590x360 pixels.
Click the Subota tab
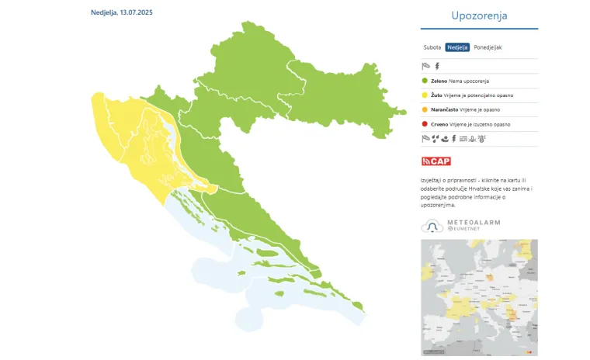point(432,47)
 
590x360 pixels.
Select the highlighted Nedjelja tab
point(457,47)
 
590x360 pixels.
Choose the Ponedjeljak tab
point(488,47)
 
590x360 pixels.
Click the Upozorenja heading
point(479,16)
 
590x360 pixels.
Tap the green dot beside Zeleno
point(425,80)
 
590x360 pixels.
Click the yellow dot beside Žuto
point(425,95)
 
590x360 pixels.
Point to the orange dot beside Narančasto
point(425,109)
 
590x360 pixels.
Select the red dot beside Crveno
point(425,124)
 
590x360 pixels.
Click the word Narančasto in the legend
point(446,109)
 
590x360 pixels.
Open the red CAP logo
point(436,161)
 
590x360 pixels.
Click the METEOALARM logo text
point(474,223)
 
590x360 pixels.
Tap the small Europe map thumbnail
point(479,297)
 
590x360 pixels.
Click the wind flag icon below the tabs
point(425,66)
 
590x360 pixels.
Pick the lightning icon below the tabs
point(436,66)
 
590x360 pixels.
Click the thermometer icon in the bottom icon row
point(482,139)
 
